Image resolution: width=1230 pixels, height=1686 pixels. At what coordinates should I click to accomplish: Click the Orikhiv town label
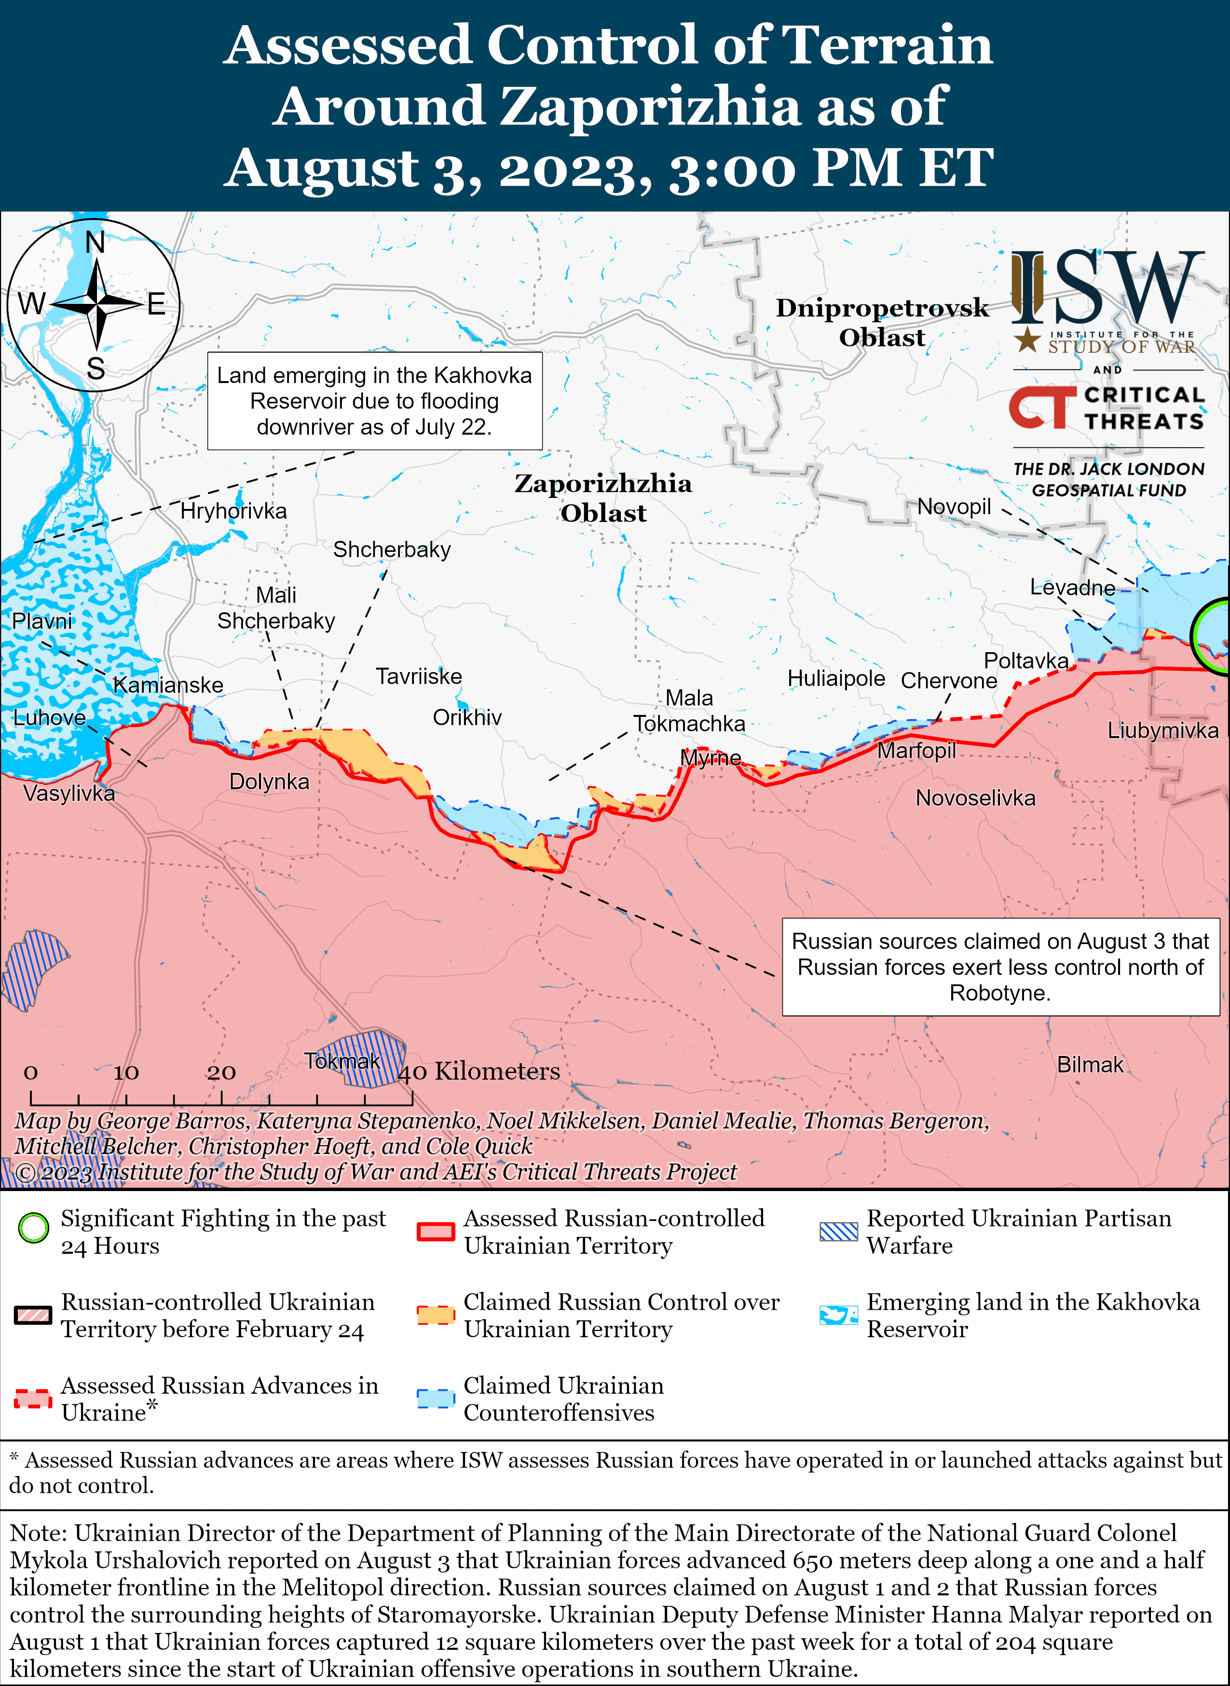467,717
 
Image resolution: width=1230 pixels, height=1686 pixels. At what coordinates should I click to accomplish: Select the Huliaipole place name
835,678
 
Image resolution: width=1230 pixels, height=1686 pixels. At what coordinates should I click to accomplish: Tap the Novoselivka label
975,798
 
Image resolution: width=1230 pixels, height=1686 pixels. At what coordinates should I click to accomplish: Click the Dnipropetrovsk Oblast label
882,322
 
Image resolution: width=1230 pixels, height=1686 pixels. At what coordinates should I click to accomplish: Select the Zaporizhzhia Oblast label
603,497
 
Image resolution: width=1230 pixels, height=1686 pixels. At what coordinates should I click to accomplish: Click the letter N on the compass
96,242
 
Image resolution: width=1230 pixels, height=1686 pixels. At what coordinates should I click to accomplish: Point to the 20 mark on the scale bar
221,1072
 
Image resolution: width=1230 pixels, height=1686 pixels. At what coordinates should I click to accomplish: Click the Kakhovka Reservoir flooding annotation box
374,401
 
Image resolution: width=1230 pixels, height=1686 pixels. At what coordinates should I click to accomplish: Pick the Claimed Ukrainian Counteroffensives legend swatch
436,1398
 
